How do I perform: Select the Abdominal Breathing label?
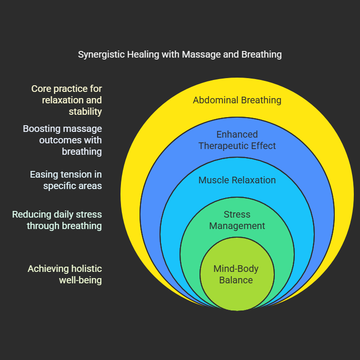[x=237, y=100]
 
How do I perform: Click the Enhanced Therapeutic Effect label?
[x=237, y=140]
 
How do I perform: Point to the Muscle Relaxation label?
[x=237, y=180]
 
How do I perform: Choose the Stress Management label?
[x=237, y=220]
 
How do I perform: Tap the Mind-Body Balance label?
[x=236, y=274]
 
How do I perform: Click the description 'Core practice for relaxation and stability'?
[x=67, y=100]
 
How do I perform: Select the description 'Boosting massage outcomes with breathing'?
[x=62, y=140]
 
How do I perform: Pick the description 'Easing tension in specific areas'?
[x=66, y=180]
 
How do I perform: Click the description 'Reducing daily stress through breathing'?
[x=57, y=220]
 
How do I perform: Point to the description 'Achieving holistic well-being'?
[x=65, y=274]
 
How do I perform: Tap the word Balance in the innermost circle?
[x=236, y=280]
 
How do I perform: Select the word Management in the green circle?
[x=237, y=226]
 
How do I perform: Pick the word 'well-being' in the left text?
[x=80, y=280]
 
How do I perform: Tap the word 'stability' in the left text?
[x=86, y=111]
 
